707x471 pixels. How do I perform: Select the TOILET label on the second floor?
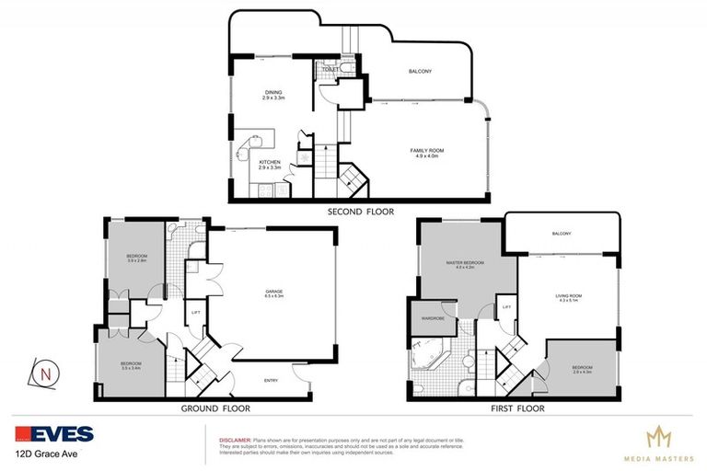(330, 69)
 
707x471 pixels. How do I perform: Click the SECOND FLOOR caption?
(360, 212)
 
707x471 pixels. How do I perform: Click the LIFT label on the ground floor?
(195, 313)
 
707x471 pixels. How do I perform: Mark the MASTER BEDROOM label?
(458, 264)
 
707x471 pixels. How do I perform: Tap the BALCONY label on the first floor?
(562, 234)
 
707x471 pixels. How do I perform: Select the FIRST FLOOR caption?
(518, 408)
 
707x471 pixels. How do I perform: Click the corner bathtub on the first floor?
(429, 355)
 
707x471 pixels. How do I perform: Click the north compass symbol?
(45, 374)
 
